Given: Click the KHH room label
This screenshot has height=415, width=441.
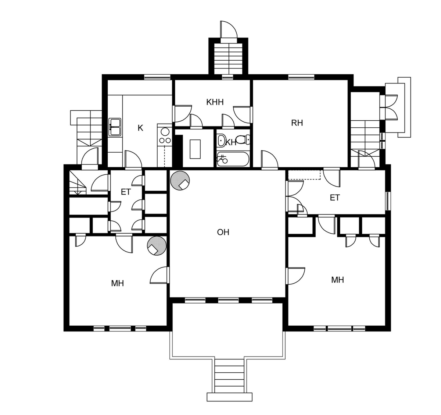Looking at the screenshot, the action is pyautogui.click(x=215, y=102).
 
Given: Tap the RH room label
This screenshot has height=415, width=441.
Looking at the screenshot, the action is pyautogui.click(x=297, y=123).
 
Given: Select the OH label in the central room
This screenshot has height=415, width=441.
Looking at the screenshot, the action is pyautogui.click(x=223, y=232).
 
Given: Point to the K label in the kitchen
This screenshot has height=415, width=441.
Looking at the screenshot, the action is pyautogui.click(x=140, y=128).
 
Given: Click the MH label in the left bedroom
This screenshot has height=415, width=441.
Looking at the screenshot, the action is pyautogui.click(x=118, y=283).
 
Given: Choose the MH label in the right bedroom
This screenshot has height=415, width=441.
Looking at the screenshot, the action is pyautogui.click(x=337, y=280).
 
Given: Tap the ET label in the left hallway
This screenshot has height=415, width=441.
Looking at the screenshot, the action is pyautogui.click(x=126, y=192).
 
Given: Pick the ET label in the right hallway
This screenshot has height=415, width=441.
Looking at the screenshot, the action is pyautogui.click(x=335, y=198).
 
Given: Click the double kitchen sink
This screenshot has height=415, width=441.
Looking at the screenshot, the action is pyautogui.click(x=115, y=127).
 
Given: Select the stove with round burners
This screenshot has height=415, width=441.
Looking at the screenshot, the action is pyautogui.click(x=165, y=135).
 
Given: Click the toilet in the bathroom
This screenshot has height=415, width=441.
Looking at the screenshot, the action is pyautogui.click(x=243, y=140).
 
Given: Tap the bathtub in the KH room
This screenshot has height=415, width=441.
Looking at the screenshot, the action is pyautogui.click(x=233, y=159).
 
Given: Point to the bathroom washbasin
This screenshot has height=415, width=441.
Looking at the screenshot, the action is pyautogui.click(x=221, y=141).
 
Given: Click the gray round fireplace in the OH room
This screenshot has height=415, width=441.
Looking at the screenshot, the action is pyautogui.click(x=180, y=180).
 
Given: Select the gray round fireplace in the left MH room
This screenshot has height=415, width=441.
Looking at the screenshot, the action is pyautogui.click(x=157, y=245).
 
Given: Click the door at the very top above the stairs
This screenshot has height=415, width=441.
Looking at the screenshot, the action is pyautogui.click(x=229, y=31).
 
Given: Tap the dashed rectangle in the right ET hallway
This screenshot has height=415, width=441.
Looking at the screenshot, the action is pyautogui.click(x=304, y=175).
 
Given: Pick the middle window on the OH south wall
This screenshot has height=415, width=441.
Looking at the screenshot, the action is pyautogui.click(x=228, y=300).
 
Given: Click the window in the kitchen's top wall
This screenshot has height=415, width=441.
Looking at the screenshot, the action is pyautogui.click(x=157, y=77).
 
